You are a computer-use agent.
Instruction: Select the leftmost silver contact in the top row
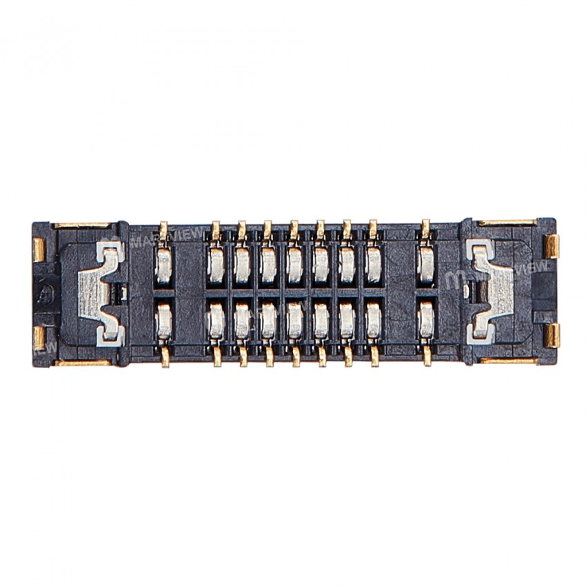tap(164, 265)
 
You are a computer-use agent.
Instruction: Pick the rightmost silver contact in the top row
tap(427, 265)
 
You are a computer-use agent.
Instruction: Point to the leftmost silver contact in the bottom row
tap(164, 321)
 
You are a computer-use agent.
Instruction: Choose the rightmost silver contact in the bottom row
tap(427, 321)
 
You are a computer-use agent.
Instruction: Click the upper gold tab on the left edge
tap(39, 250)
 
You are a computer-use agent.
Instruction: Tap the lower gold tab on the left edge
tap(39, 337)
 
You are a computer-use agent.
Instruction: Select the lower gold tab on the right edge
tap(551, 335)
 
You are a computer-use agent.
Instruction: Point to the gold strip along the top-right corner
tap(507, 223)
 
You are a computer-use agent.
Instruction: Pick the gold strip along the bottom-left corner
tap(83, 363)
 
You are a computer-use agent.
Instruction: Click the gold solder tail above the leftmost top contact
tap(163, 228)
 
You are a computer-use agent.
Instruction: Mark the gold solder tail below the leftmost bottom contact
tap(165, 357)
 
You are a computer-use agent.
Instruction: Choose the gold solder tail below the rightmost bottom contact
tap(427, 356)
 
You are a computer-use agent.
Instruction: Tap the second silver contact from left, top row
tap(215, 265)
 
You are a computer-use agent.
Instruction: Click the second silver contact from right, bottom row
tap(374, 321)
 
